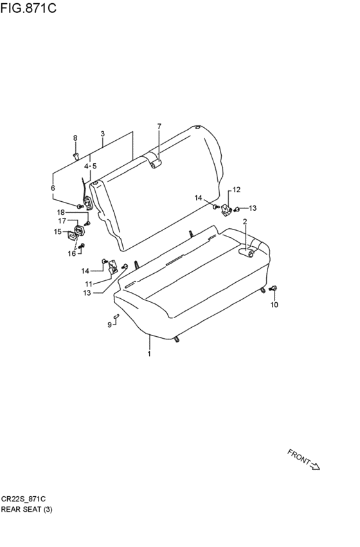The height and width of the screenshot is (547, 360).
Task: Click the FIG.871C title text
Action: pos(28,8)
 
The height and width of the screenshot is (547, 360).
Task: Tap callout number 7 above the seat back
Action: pos(159,126)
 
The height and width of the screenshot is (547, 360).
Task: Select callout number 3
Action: pos(103,134)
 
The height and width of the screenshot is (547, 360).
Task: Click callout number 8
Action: pos(75,138)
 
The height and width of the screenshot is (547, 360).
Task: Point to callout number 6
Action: pos(53,188)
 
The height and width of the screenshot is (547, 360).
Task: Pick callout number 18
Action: pos(61,213)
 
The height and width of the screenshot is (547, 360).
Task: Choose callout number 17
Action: pos(62,221)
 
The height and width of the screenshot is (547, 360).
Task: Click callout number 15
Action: pos(58,231)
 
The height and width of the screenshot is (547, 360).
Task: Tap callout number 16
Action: pos(71,254)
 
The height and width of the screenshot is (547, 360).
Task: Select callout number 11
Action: pos(88,284)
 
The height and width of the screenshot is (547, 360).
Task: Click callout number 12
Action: pos(237,190)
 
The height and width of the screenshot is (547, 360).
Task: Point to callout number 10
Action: pos(274,305)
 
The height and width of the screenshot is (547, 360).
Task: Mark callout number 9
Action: pos(109,325)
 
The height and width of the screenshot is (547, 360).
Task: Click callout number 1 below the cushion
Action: pos(149,354)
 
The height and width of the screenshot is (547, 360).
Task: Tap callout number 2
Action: pos(245,222)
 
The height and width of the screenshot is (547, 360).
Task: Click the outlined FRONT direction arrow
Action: pos(314,466)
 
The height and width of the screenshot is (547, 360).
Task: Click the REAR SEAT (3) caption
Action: pos(26,509)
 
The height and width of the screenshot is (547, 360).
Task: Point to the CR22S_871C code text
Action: pos(23,499)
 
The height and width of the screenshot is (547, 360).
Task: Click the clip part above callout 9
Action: pos(116,316)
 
